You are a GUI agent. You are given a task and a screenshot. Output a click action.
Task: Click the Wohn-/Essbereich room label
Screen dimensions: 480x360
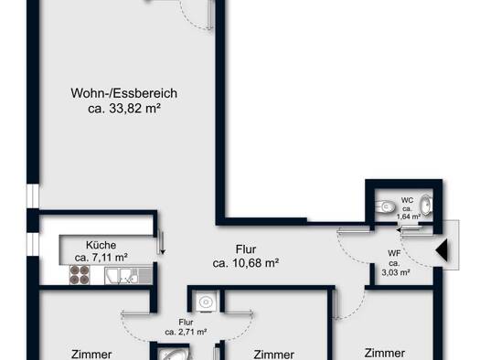point(124,93)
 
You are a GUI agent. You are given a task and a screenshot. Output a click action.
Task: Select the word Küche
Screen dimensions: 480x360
point(101,245)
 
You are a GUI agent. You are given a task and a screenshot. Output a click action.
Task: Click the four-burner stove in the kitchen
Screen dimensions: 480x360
point(80,275)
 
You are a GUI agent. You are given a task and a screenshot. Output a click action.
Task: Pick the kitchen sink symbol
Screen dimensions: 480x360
point(129,276)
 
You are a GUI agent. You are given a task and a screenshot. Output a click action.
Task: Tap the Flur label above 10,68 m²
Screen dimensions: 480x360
point(246,249)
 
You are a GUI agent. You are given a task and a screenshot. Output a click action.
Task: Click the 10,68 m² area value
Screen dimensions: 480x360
point(255,263)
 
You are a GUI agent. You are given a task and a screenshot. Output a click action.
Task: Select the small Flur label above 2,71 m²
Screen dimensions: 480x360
point(186,322)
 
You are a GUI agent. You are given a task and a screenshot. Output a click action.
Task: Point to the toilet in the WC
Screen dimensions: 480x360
point(385,206)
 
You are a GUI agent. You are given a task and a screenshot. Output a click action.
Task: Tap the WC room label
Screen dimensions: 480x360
point(407,200)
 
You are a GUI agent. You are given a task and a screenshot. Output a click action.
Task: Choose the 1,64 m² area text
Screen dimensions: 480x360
point(409,217)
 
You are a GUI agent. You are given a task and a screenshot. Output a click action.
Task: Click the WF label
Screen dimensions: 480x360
point(394,253)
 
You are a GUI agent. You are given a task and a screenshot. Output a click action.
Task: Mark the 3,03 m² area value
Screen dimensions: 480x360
point(396,272)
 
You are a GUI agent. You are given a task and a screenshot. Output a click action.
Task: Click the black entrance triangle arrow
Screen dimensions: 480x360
point(442,250)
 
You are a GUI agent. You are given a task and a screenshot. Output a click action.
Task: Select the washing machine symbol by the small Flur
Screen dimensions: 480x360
point(206,302)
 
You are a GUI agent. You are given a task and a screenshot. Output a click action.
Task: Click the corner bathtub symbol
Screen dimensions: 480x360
point(174,355)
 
